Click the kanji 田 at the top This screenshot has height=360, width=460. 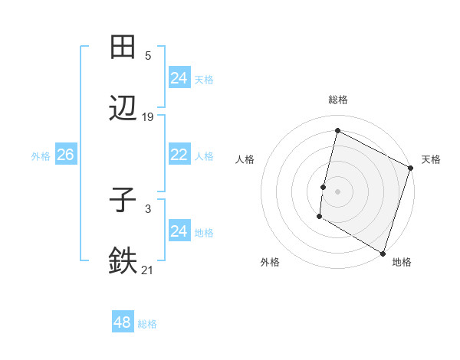(x=123, y=47)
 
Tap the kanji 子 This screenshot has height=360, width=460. (x=123, y=201)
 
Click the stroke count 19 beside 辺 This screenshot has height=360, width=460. (x=148, y=117)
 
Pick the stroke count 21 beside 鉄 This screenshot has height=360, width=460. (x=148, y=270)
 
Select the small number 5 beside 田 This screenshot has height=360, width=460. (x=148, y=56)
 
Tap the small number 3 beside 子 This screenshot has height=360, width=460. (x=148, y=208)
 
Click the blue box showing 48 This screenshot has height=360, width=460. (x=123, y=322)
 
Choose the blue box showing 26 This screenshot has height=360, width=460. (x=65, y=155)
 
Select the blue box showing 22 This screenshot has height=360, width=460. (x=179, y=155)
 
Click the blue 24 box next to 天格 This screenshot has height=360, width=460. (x=179, y=78)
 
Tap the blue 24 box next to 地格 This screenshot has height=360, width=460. (x=179, y=231)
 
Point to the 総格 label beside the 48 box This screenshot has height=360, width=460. (x=147, y=324)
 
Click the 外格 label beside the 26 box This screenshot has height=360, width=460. (x=41, y=156)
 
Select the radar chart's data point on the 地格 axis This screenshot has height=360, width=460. (x=383, y=253)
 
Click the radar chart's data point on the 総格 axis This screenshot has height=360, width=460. (x=337, y=131)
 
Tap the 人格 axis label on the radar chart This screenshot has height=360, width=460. (x=245, y=159)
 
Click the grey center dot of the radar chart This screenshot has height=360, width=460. (x=337, y=191)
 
